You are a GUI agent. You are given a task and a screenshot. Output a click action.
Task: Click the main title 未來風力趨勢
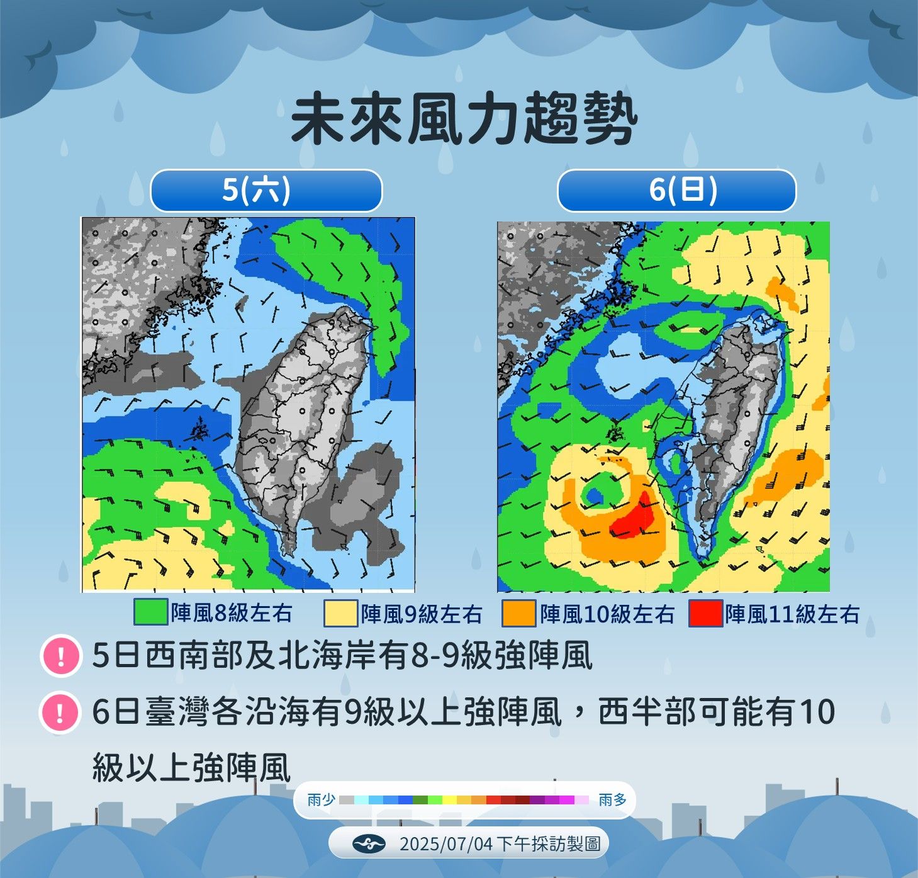(464, 119)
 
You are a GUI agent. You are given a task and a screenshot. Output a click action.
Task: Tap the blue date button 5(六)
(266, 189)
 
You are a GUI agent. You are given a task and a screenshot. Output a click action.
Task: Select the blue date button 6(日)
(676, 189)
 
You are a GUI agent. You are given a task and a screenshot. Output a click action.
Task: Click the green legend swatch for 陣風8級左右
(150, 612)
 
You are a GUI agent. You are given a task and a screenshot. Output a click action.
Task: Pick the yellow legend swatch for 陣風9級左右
(340, 614)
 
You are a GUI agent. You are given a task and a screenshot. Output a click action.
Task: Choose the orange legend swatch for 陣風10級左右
(518, 614)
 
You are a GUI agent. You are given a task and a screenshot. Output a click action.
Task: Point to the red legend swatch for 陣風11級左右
(705, 614)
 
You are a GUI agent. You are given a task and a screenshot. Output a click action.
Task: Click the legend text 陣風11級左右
(792, 614)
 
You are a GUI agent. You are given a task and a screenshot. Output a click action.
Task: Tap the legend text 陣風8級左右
(232, 612)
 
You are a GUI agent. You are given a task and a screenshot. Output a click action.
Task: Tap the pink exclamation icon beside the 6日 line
(60, 712)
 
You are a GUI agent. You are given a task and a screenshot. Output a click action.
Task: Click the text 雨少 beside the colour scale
(322, 800)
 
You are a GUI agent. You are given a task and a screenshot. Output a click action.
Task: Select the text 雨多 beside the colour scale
(613, 800)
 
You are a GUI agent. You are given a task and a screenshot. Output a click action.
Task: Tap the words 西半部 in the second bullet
(637, 712)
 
